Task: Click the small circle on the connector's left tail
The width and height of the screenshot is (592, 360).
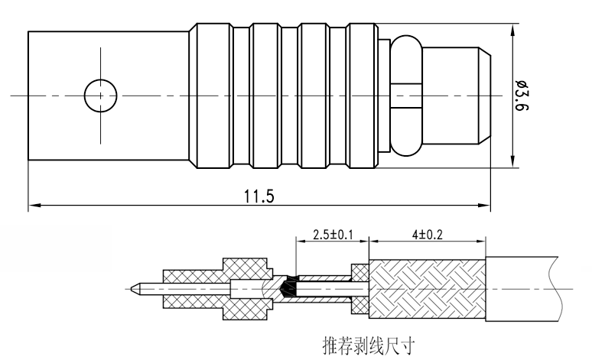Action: pyautogui.click(x=100, y=96)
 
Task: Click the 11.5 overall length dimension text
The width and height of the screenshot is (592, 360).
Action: pyautogui.click(x=259, y=196)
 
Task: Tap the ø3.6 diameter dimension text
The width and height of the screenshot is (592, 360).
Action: pyautogui.click(x=522, y=96)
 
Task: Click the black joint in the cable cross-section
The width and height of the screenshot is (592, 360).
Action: pyautogui.click(x=289, y=288)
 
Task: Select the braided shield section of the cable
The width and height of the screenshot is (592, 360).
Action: pyautogui.click(x=427, y=288)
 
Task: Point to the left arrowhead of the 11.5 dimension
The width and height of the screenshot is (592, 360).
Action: pyautogui.click(x=32, y=205)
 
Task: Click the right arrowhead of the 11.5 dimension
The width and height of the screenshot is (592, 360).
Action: pyautogui.click(x=486, y=205)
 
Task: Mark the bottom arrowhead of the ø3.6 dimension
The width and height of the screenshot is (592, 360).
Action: pyautogui.click(x=511, y=162)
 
